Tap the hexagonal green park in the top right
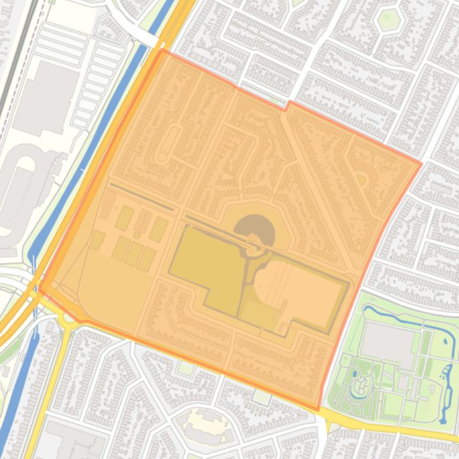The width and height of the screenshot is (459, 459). (387, 20)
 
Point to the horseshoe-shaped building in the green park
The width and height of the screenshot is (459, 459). (360, 388)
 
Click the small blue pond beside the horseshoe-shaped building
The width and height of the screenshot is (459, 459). (355, 373)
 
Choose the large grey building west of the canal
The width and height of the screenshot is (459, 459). (45, 98)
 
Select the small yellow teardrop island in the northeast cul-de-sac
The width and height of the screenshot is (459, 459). (361, 179)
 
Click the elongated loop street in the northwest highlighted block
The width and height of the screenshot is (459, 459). (167, 143)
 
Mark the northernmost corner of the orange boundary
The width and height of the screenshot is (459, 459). (162, 50)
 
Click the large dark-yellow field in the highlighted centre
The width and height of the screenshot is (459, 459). (206, 268)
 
